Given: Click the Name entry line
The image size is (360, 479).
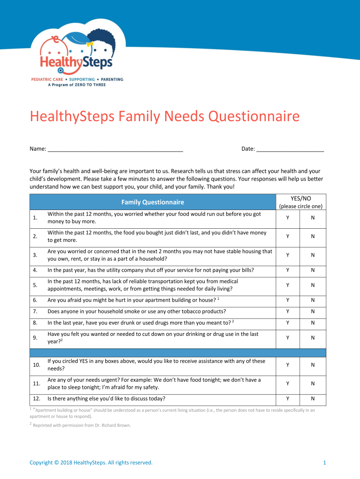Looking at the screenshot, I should click(x=115, y=150).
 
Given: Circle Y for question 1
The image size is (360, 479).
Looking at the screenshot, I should click(x=288, y=218).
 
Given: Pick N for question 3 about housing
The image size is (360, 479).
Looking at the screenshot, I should click(x=313, y=255).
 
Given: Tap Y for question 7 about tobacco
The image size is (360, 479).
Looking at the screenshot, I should click(x=288, y=312).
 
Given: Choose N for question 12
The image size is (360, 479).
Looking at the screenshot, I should click(x=313, y=399).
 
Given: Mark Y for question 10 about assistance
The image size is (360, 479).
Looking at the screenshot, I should click(x=288, y=365).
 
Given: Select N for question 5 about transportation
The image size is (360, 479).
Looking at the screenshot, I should click(x=313, y=285).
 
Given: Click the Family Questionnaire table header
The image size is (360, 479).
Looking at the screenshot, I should click(x=152, y=202).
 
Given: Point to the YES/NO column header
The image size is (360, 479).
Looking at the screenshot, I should click(x=301, y=198).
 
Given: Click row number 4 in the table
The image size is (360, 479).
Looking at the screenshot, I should click(x=35, y=270).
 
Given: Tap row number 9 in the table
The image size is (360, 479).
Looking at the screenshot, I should click(x=35, y=338).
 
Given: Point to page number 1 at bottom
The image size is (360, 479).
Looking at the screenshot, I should click(x=324, y=463).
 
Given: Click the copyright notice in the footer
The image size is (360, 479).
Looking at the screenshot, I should click(x=91, y=463).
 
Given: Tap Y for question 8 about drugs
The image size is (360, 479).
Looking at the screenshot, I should click(x=288, y=323).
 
